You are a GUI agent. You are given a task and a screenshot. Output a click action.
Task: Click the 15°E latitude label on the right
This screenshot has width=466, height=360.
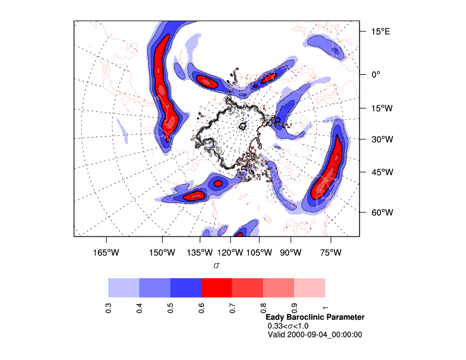click(380, 31)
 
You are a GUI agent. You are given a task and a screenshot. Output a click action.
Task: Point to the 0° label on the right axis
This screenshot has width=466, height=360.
click(375, 75)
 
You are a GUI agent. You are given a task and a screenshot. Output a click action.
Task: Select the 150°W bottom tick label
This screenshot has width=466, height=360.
click(162, 253)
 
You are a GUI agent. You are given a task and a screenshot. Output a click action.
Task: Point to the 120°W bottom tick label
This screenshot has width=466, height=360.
click(230, 253)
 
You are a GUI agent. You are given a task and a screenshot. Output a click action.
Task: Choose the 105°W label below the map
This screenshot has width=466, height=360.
click(259, 253)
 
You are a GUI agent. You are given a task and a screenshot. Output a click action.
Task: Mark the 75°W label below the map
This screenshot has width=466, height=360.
click(331, 253)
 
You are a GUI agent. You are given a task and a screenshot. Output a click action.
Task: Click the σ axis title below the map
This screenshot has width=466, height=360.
click(217, 266)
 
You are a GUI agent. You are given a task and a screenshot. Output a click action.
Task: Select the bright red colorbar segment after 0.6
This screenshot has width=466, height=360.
click(217, 288)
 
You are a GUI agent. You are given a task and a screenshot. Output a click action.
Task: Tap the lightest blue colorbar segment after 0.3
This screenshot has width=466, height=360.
click(124, 288)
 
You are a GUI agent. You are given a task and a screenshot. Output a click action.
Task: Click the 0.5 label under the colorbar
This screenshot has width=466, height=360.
click(171, 308)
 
